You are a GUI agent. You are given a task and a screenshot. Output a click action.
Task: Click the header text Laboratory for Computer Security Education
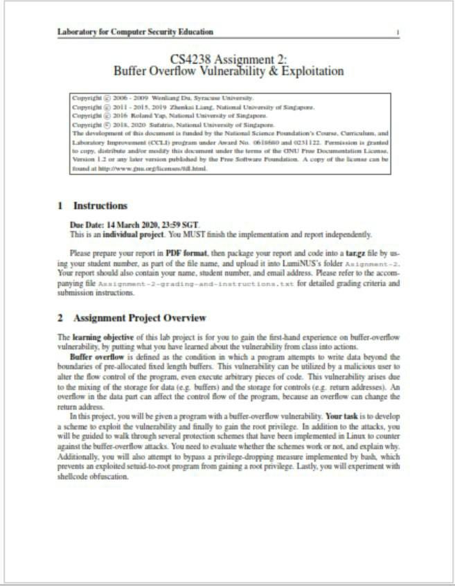coord(135,32)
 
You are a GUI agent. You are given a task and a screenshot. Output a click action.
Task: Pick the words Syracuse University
coord(222,98)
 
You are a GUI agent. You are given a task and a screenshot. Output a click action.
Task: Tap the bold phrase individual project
coord(131,234)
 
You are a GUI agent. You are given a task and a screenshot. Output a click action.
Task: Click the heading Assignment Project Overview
coord(139,318)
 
